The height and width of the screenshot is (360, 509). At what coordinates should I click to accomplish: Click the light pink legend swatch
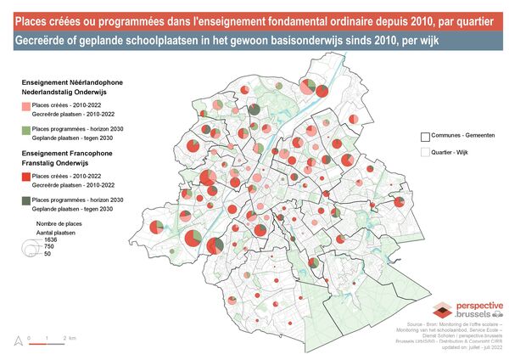pos(25,106)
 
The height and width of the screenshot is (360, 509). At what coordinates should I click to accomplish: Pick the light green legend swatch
pos(25,130)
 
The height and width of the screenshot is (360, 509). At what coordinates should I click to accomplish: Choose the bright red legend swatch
pos(25,177)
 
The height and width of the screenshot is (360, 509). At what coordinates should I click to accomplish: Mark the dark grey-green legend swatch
pos(25,201)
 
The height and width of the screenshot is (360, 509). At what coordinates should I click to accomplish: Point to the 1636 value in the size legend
pos(51,239)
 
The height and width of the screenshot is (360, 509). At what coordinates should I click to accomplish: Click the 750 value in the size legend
pos(49,246)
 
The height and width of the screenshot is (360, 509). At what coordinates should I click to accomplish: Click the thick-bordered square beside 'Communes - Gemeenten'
pos(425,136)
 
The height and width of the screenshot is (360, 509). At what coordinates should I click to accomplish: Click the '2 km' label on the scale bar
pos(72,339)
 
